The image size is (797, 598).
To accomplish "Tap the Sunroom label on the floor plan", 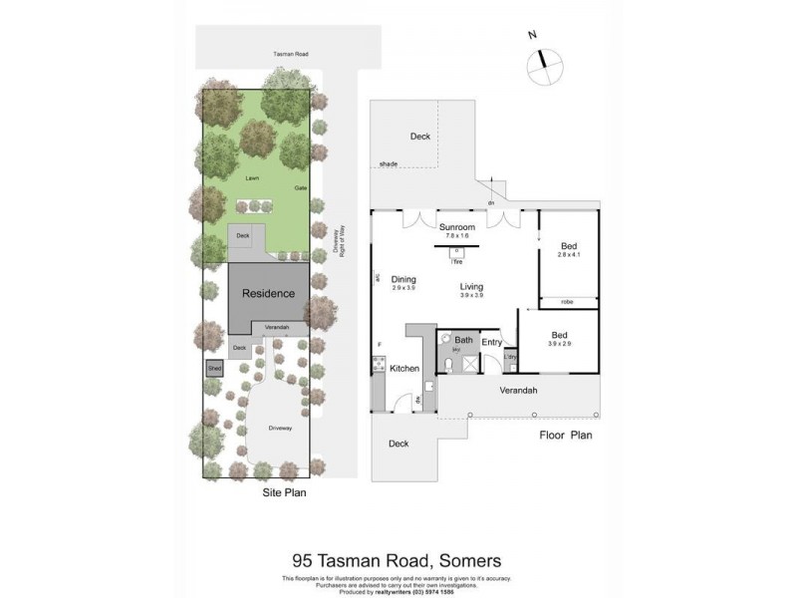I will tap(457, 226).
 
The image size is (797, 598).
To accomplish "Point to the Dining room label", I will tap(403, 279).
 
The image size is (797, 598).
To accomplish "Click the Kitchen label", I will tap(404, 369).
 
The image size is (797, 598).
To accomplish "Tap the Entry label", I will tap(492, 342).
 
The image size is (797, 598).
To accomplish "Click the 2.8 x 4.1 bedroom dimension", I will tap(570, 256).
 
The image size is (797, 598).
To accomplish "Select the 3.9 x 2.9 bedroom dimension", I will tap(560, 344).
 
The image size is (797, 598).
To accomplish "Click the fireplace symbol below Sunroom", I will tap(457, 252).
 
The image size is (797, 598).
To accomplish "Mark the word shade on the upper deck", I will tap(388, 163).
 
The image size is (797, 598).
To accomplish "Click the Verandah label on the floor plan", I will tap(518, 390).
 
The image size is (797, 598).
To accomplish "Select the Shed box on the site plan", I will tap(214, 368).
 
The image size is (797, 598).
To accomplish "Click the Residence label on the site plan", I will tap(268, 293).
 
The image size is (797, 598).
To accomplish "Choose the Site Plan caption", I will tap(283, 492).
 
